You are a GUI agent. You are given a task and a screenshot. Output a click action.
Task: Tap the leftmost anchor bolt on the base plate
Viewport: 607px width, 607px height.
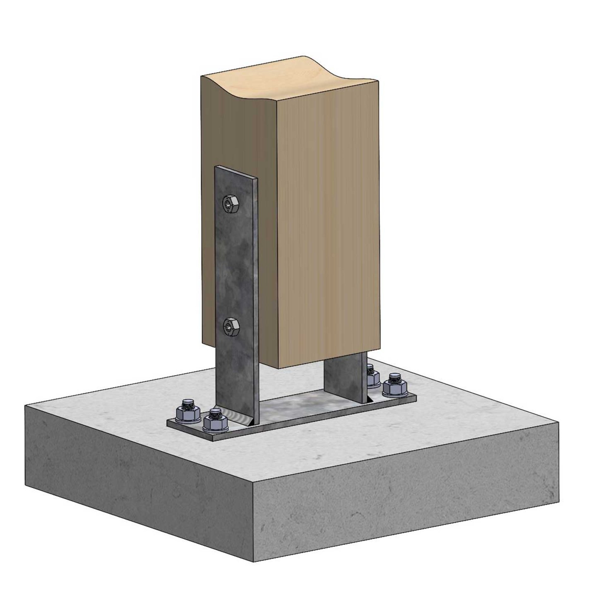187,414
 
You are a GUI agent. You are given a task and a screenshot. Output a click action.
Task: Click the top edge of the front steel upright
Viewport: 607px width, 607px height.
236,173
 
